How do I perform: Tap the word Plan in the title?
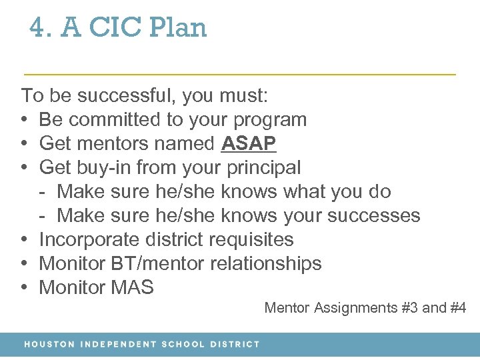pyautogui.click(x=178, y=28)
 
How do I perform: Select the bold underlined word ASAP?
pyautogui.click(x=249, y=143)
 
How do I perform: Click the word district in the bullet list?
pyautogui.click(x=171, y=239)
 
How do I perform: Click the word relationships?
pyautogui.click(x=266, y=263)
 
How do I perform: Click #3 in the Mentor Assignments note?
pyautogui.click(x=408, y=308)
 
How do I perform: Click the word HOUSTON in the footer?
pyautogui.click(x=49, y=345)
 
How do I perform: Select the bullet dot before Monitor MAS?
pyautogui.click(x=24, y=287)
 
